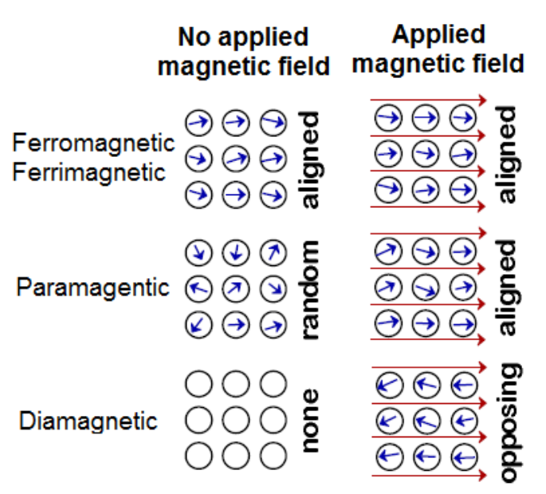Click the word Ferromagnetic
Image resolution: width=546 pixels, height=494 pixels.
(92, 143)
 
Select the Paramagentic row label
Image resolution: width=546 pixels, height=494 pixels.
(92, 287)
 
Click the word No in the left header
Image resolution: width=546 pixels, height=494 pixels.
(194, 37)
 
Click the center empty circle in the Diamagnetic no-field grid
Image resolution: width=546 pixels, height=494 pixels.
(235, 420)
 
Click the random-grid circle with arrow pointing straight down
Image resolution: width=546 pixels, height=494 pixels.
(235, 253)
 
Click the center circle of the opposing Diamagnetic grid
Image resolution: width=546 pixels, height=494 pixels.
(423, 420)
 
